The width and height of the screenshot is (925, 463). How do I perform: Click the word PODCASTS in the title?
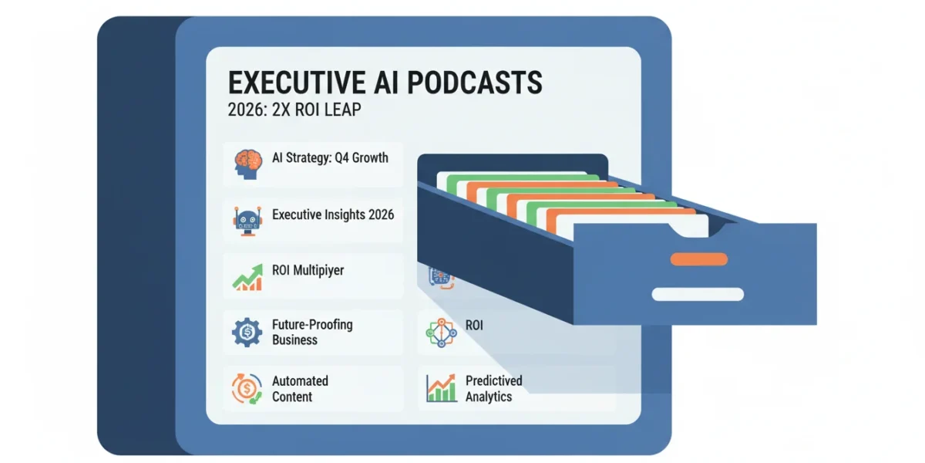click(x=475, y=83)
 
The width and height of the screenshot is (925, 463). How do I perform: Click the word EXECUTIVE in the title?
click(x=297, y=83)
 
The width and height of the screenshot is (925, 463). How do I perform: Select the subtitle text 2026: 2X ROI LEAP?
click(x=294, y=110)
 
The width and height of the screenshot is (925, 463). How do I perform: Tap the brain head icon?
click(x=247, y=164)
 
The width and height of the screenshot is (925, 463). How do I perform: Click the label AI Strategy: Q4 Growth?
click(x=330, y=158)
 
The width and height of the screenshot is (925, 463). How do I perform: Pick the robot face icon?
click(x=247, y=221)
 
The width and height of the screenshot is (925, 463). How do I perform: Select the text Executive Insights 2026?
click(x=333, y=215)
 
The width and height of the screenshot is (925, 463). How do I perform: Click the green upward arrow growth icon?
click(x=247, y=277)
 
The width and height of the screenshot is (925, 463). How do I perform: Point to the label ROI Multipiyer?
click(x=308, y=271)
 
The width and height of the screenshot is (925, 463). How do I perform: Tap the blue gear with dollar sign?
click(x=247, y=332)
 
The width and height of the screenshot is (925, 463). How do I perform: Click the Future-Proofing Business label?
click(x=312, y=332)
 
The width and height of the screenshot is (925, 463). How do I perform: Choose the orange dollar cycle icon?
click(x=247, y=389)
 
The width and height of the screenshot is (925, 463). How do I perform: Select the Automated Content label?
click(x=300, y=389)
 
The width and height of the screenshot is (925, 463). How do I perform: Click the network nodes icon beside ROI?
click(x=441, y=333)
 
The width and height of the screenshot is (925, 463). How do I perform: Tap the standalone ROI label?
click(x=474, y=326)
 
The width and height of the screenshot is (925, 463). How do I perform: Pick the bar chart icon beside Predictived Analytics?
click(x=441, y=388)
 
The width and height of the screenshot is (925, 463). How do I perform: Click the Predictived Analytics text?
click(x=494, y=389)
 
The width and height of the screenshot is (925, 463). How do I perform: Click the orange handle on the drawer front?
click(x=698, y=259)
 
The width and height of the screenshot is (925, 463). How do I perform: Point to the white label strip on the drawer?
click(x=698, y=294)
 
